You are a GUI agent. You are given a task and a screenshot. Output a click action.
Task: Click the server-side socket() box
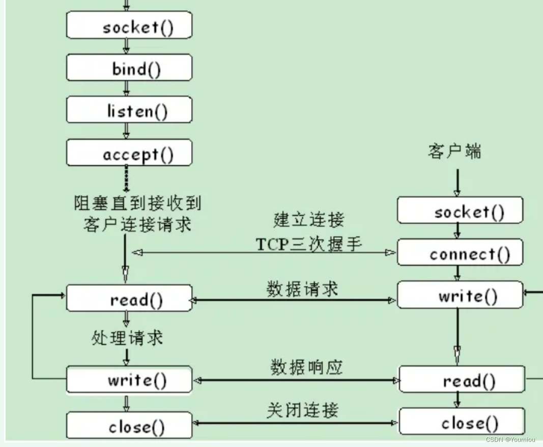[x=129, y=26]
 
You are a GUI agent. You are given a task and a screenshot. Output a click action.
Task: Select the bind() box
[x=129, y=68]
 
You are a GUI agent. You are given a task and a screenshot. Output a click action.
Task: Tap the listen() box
[x=129, y=110]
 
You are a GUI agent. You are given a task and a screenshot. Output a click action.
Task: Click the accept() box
[x=129, y=153]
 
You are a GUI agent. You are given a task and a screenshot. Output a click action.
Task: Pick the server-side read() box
[x=129, y=299]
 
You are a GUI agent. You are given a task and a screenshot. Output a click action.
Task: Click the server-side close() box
[x=129, y=426]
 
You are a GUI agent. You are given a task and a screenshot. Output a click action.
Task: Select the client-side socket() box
[x=460, y=211]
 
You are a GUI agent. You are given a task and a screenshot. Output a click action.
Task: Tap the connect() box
[x=460, y=253]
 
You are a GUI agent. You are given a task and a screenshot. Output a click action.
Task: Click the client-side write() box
[x=460, y=295]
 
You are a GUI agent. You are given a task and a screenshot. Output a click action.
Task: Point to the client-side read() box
[x=462, y=379]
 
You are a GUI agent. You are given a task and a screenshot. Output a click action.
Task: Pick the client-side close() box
[x=462, y=422]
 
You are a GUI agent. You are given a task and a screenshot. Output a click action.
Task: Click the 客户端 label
[x=454, y=151]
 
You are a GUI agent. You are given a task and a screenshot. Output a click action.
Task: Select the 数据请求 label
[x=302, y=289]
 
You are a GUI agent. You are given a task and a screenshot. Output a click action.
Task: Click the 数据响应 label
[x=306, y=367]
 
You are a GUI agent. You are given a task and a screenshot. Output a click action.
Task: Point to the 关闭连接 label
[x=302, y=410]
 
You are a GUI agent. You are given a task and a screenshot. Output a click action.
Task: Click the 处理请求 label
[x=127, y=337]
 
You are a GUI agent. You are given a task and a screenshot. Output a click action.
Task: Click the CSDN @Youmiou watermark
[x=510, y=439]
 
